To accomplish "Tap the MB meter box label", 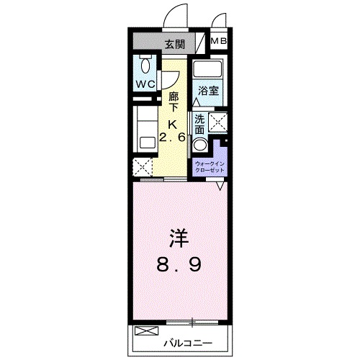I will click(x=220, y=42).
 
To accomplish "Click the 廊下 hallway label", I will click(x=174, y=102).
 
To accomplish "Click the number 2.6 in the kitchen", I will click(x=174, y=137).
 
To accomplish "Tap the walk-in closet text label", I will click(x=210, y=167).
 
